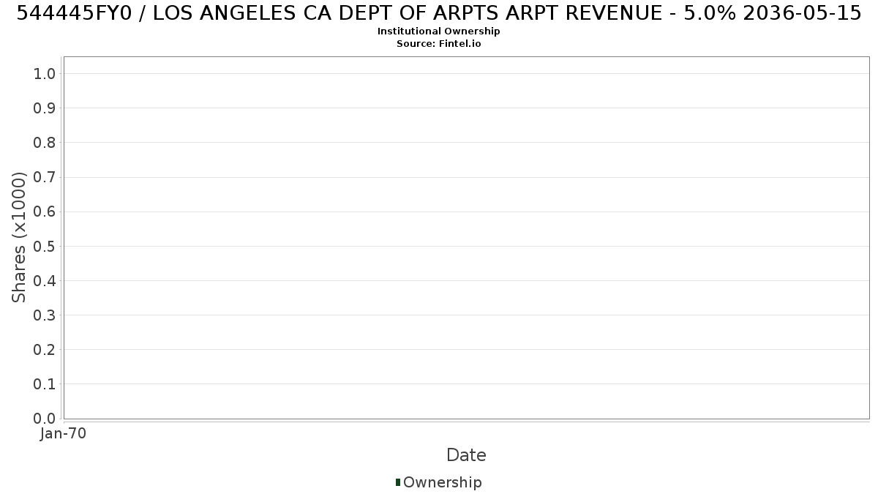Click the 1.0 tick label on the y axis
coord(45,74)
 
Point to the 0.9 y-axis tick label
coord(45,108)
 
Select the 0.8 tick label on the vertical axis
coord(45,143)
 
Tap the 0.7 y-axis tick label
coord(45,177)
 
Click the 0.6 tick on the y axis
coord(45,212)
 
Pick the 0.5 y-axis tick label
coord(45,246)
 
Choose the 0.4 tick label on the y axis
coord(45,281)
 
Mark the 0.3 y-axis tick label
coord(45,315)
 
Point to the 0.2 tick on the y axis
coord(45,350)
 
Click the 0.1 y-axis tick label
coord(45,384)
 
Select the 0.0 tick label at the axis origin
coord(45,419)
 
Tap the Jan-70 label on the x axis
coord(63,433)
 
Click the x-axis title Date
coord(467,455)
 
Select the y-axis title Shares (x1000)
coord(18,237)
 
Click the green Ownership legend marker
coord(398,482)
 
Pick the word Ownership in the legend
coord(443,482)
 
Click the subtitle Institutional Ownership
coord(438,31)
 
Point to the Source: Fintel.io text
coord(438,43)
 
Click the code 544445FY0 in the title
coord(75,13)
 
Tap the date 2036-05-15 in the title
coord(802,13)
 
